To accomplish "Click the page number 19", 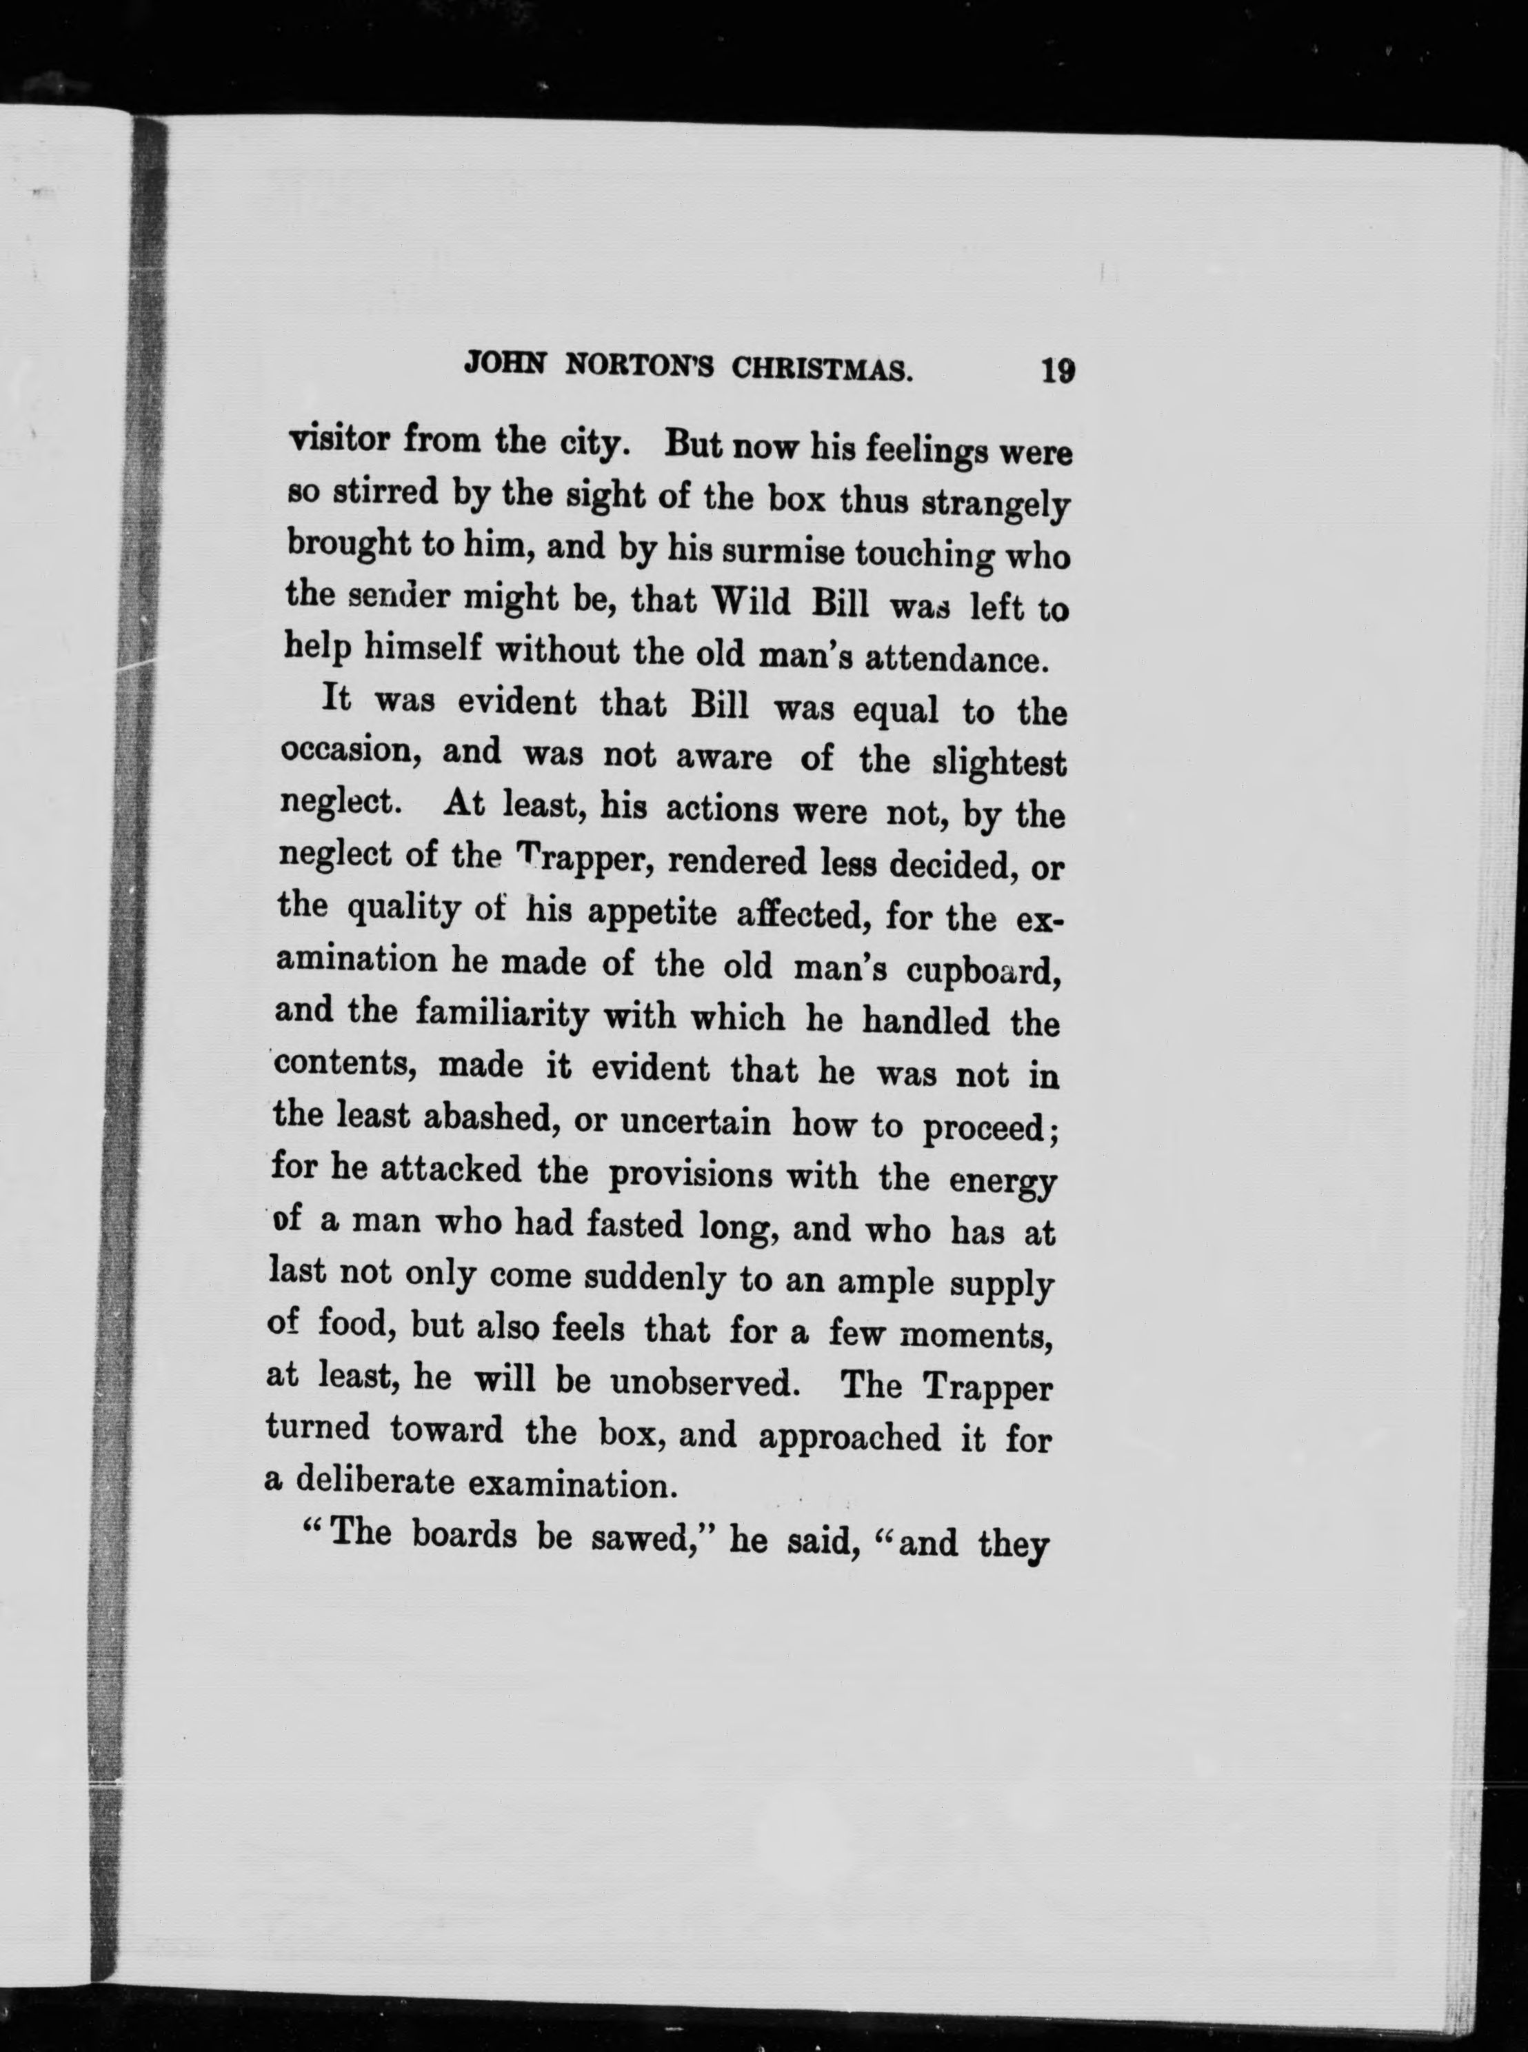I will [x=1056, y=372].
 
